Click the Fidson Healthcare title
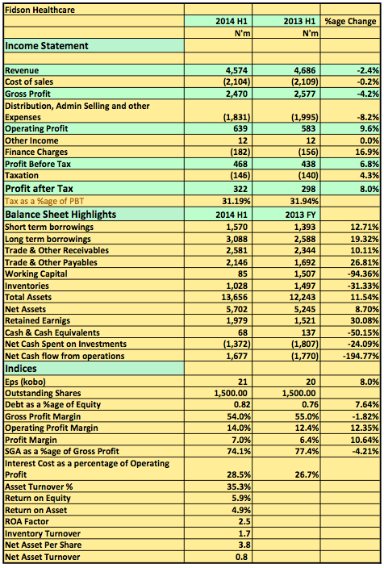point(40,10)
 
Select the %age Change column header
point(350,21)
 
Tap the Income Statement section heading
point(46,46)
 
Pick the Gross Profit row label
point(27,94)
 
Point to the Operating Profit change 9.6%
point(369,128)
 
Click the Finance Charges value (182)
point(240,152)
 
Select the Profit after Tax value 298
point(308,189)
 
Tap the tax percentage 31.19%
point(236,201)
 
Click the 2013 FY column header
point(300,215)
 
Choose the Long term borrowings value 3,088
point(237,239)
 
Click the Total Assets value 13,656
point(235,298)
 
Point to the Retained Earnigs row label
point(37,320)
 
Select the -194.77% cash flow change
point(361,356)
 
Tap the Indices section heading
point(21,369)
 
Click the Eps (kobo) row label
point(25,382)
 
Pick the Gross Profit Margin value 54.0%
point(239,416)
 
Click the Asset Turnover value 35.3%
point(239,487)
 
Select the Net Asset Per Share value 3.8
point(242,545)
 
